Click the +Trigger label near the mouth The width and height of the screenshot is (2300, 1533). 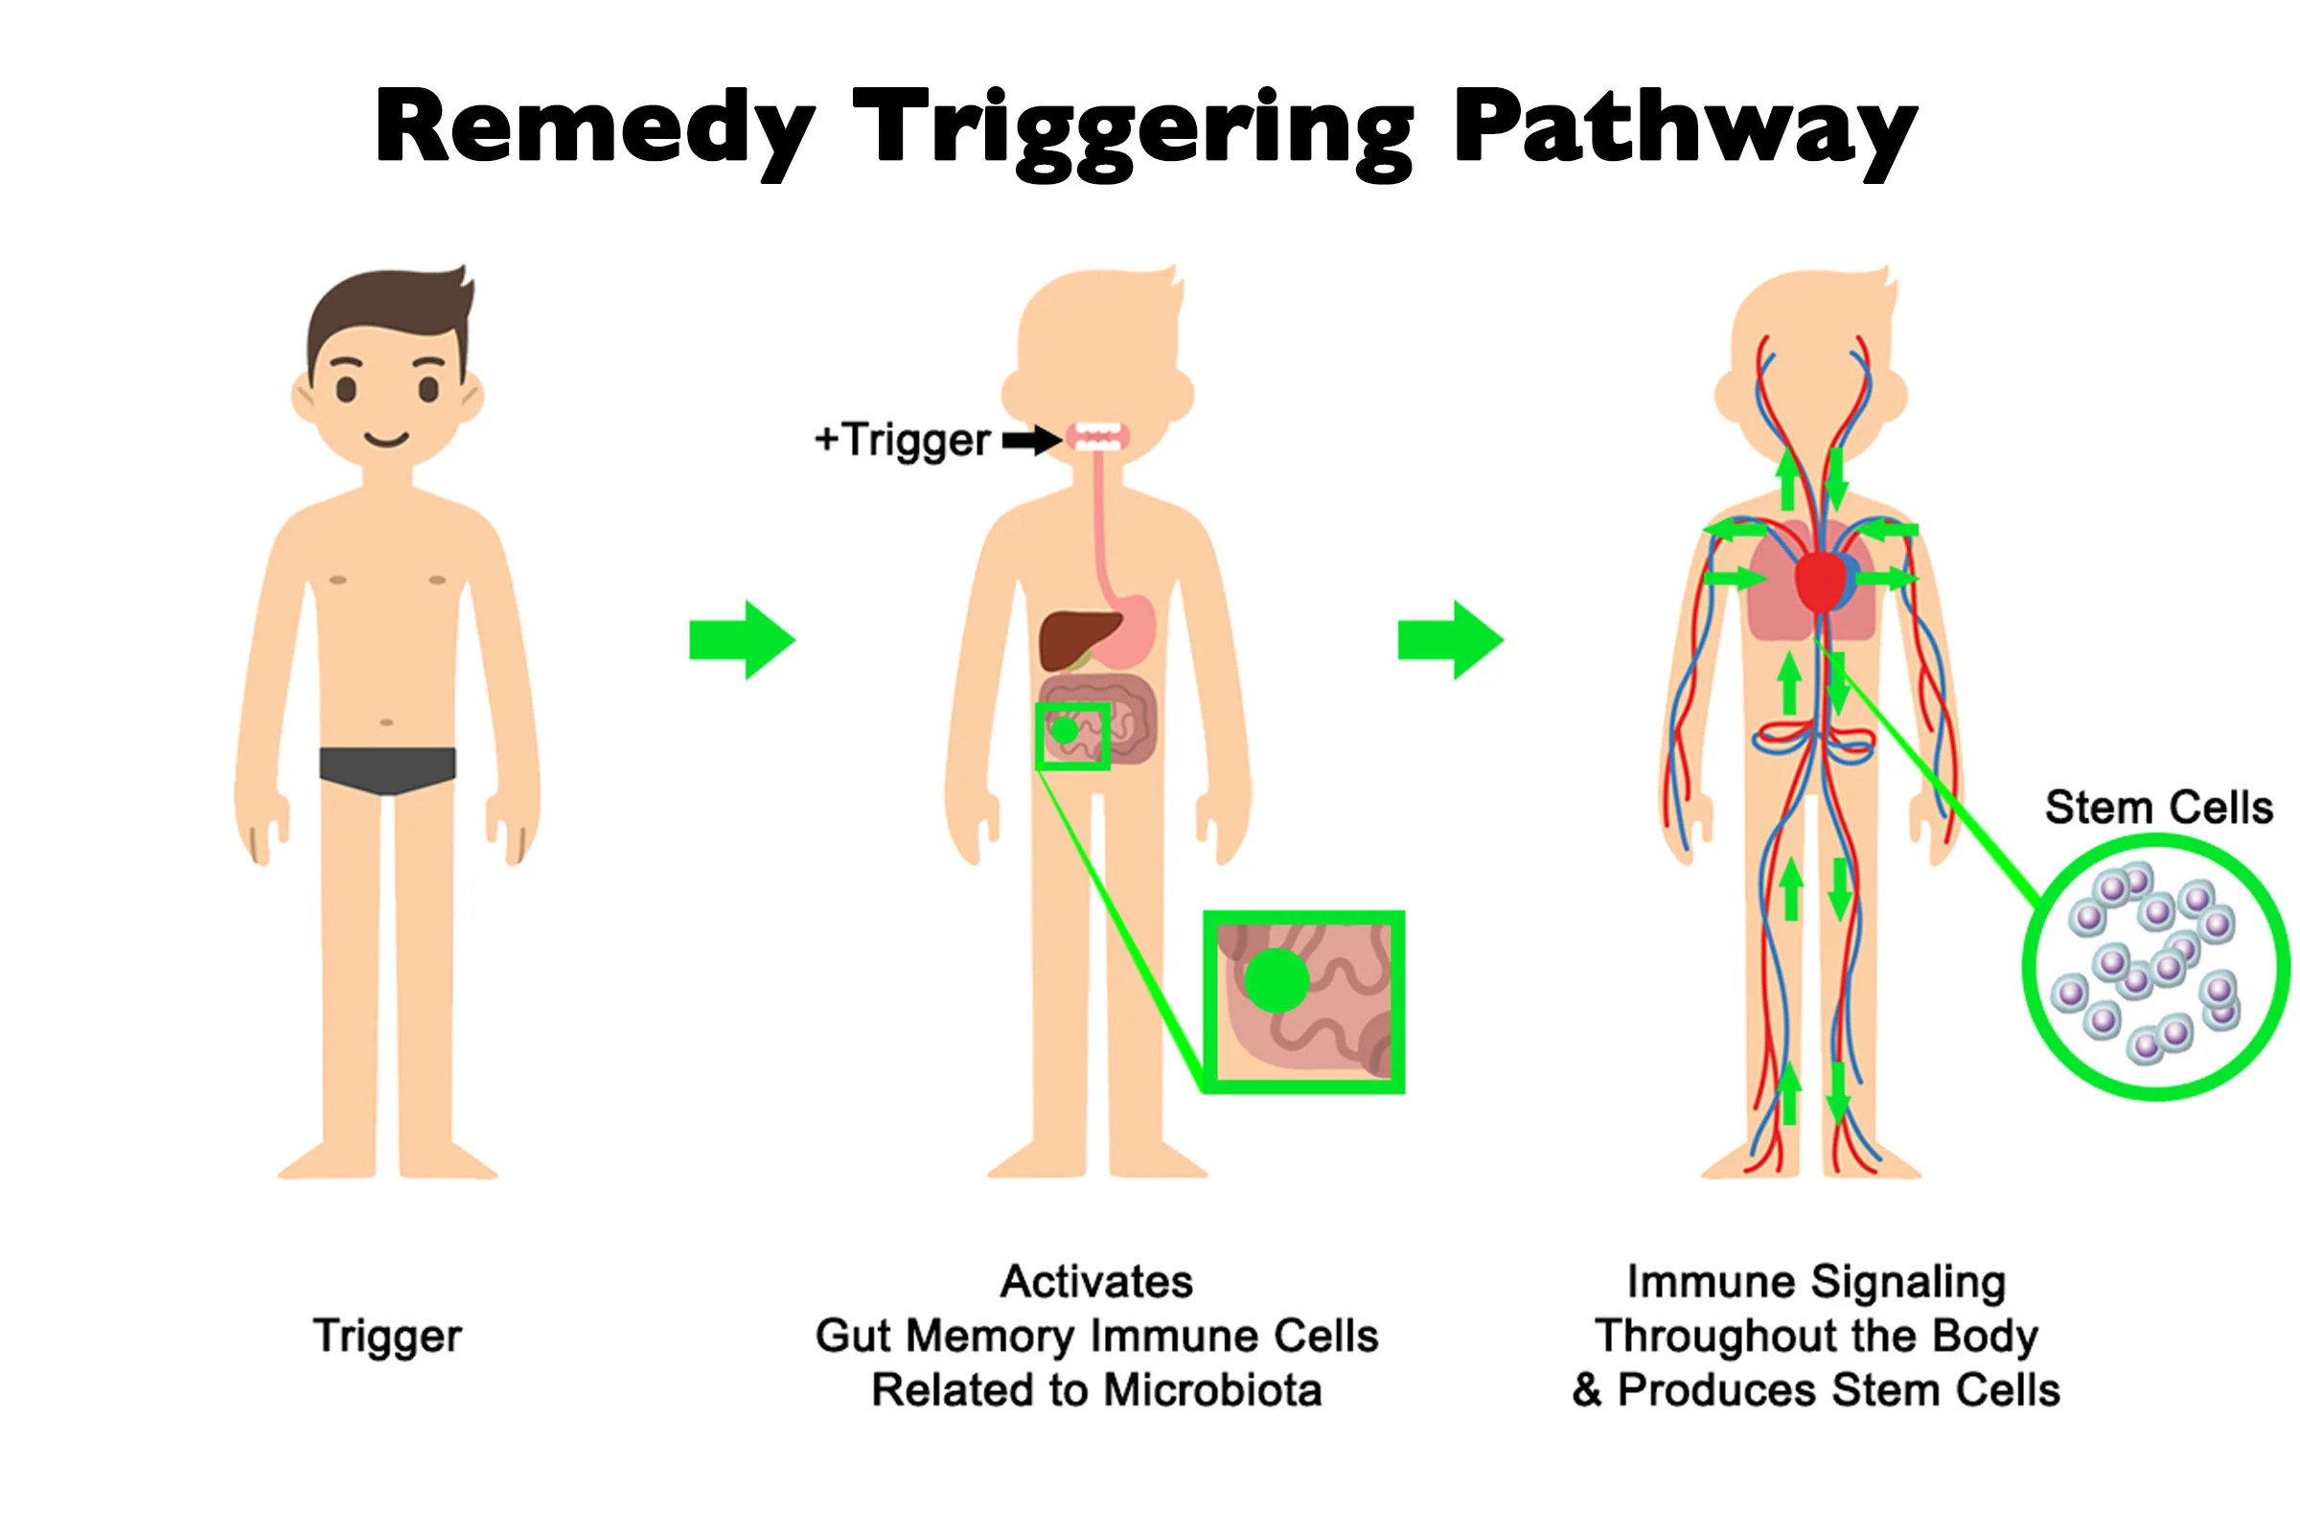[x=903, y=440]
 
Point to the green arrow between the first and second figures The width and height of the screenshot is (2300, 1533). [x=742, y=640]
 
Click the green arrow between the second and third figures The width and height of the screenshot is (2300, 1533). [x=1450, y=640]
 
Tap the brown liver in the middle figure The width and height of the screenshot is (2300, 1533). [x=1073, y=637]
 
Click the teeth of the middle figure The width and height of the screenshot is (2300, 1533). [x=1097, y=435]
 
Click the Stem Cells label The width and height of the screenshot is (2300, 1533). [x=2158, y=809]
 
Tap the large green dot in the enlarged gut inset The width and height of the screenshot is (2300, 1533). [x=1276, y=980]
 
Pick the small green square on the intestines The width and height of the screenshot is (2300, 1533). [x=1072, y=735]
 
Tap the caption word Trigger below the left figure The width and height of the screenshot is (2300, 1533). [x=387, y=1336]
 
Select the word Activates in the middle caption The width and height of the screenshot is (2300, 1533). [x=1096, y=1282]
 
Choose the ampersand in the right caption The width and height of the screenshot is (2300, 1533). [x=1586, y=1390]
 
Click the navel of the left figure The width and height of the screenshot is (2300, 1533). [x=386, y=722]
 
